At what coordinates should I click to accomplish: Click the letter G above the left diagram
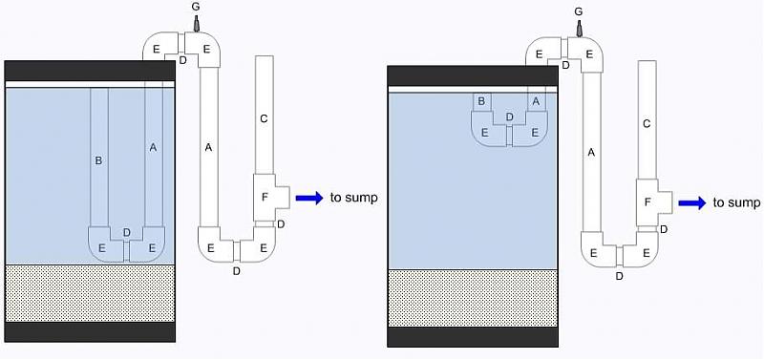(x=196, y=8)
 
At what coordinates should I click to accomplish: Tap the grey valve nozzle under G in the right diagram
(x=579, y=29)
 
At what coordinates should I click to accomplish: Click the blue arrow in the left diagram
(x=309, y=198)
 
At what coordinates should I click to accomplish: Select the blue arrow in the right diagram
(x=692, y=203)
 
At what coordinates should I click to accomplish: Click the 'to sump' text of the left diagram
(x=353, y=198)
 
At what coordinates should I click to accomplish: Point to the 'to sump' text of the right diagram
(x=736, y=202)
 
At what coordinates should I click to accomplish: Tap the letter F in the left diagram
(x=265, y=198)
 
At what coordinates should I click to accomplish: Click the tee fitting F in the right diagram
(x=654, y=202)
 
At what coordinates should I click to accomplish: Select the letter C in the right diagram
(x=647, y=124)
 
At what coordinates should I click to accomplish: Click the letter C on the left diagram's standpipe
(x=265, y=118)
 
